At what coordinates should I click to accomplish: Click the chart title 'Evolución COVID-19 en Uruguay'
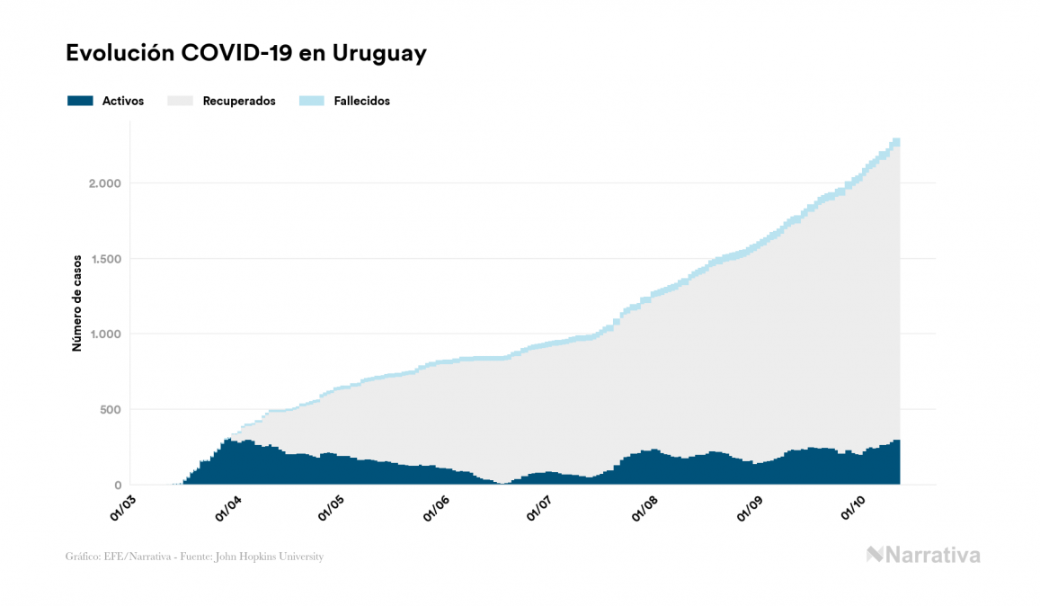pos(246,54)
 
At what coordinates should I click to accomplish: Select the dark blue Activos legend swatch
pos(81,101)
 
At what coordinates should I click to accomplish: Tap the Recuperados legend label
pos(239,101)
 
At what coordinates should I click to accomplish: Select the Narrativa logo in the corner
pos(923,555)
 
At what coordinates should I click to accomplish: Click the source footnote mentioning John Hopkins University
pos(194,557)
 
